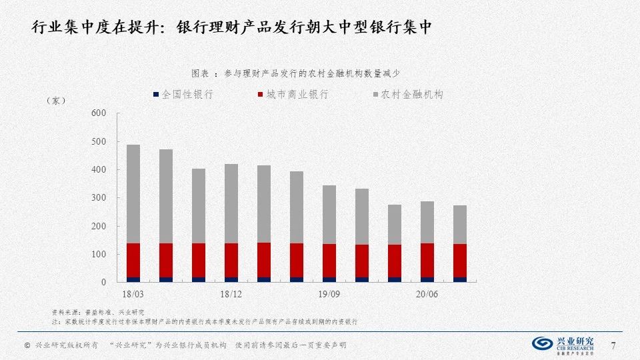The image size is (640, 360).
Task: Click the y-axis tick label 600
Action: (98, 113)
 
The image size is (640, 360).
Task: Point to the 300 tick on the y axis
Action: (98, 198)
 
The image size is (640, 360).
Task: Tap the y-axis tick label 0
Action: (103, 283)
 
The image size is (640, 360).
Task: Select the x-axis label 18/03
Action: (133, 294)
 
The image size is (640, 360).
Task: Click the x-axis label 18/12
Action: (231, 294)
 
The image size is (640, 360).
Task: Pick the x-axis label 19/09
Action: (329, 294)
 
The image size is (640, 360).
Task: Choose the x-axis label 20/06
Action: (427, 294)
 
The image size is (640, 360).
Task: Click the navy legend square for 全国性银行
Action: (156, 95)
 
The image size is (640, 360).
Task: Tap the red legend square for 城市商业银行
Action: (261, 95)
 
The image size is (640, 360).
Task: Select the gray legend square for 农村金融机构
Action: (376, 95)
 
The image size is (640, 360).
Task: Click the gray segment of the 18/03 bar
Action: (133, 193)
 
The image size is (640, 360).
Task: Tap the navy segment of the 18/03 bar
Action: (133, 280)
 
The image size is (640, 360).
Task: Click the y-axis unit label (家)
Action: (56, 101)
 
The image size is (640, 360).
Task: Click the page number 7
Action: (614, 344)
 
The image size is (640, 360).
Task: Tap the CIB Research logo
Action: (566, 344)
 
